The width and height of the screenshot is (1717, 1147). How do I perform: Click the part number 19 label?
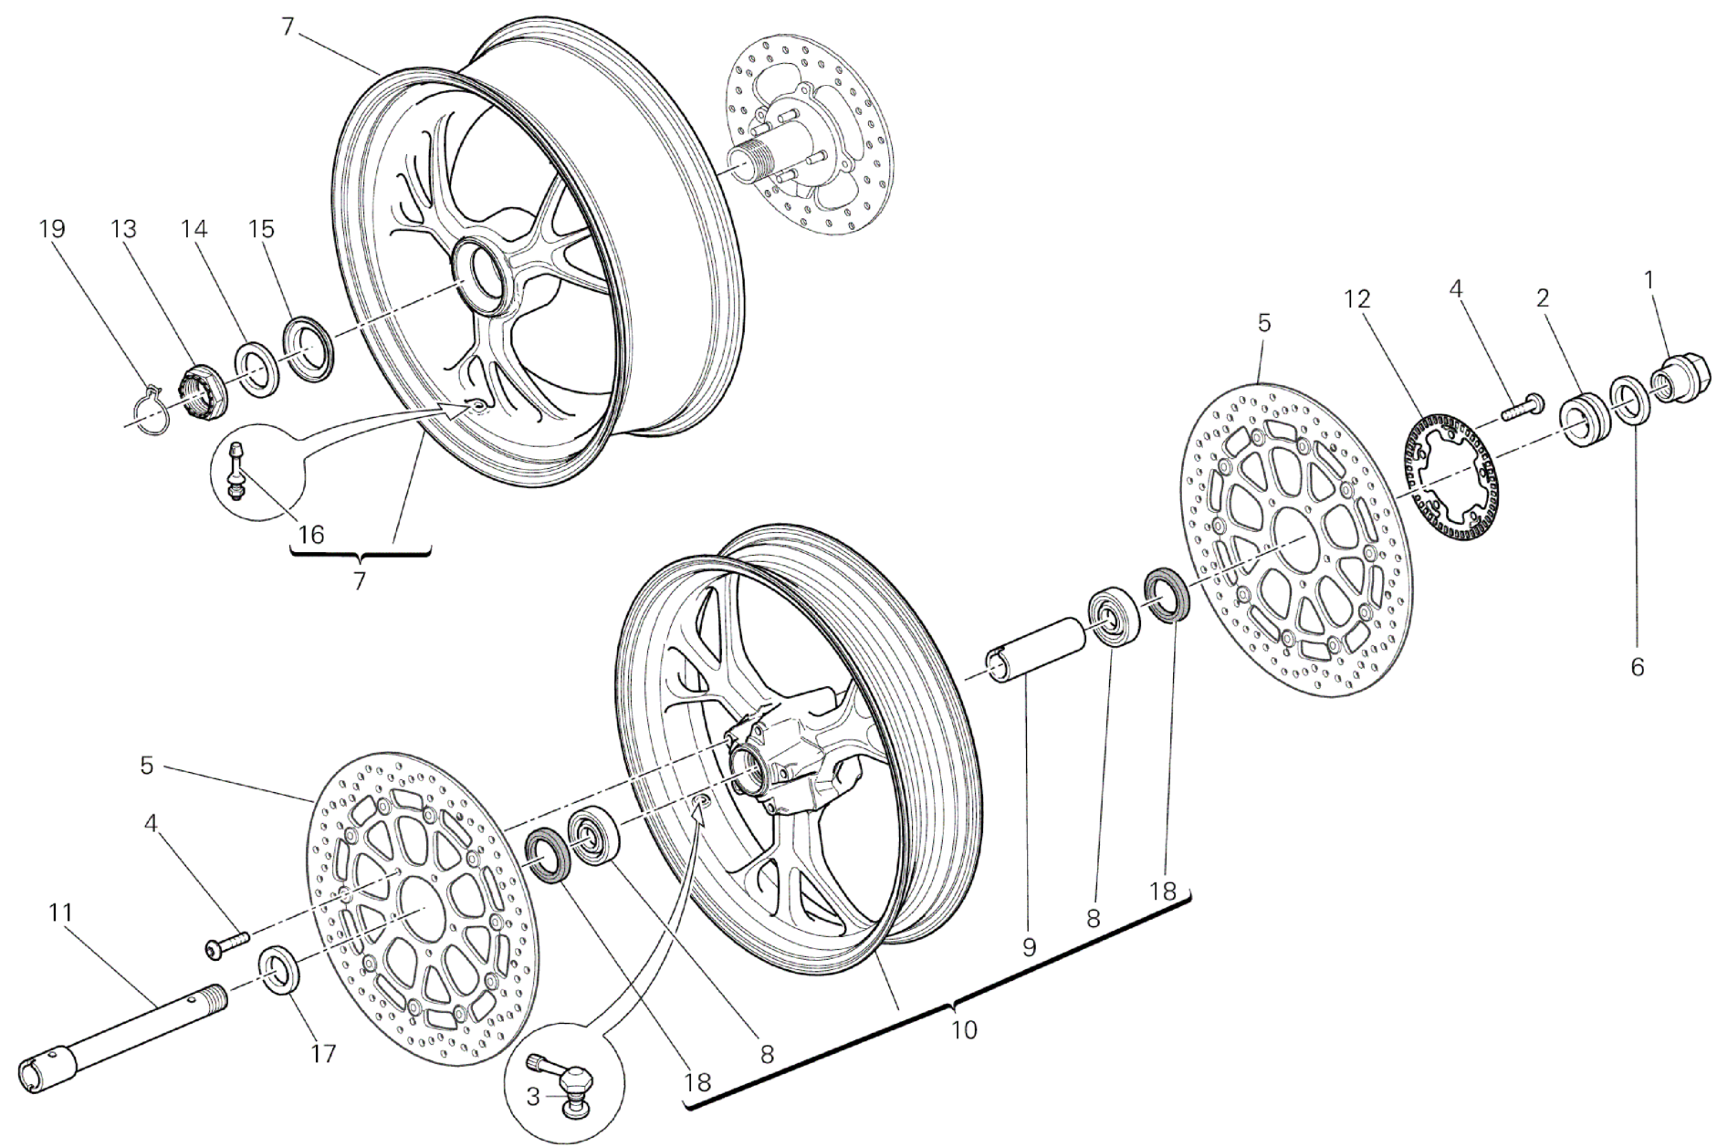click(52, 228)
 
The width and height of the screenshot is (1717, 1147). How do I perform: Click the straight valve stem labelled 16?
click(236, 471)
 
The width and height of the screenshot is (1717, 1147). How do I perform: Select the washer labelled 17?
click(280, 972)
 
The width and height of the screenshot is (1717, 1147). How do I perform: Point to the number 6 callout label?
click(1637, 668)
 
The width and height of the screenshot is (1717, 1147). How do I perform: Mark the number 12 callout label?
click(1356, 298)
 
